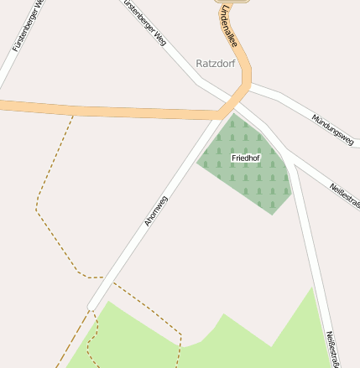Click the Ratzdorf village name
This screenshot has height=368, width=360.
215,63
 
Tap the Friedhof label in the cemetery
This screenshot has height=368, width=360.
245,157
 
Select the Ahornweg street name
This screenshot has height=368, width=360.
156,210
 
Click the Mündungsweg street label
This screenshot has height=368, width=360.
332,131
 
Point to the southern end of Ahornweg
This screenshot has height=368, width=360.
91,306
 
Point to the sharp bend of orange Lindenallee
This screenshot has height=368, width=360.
246,84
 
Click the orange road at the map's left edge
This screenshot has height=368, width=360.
4,105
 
